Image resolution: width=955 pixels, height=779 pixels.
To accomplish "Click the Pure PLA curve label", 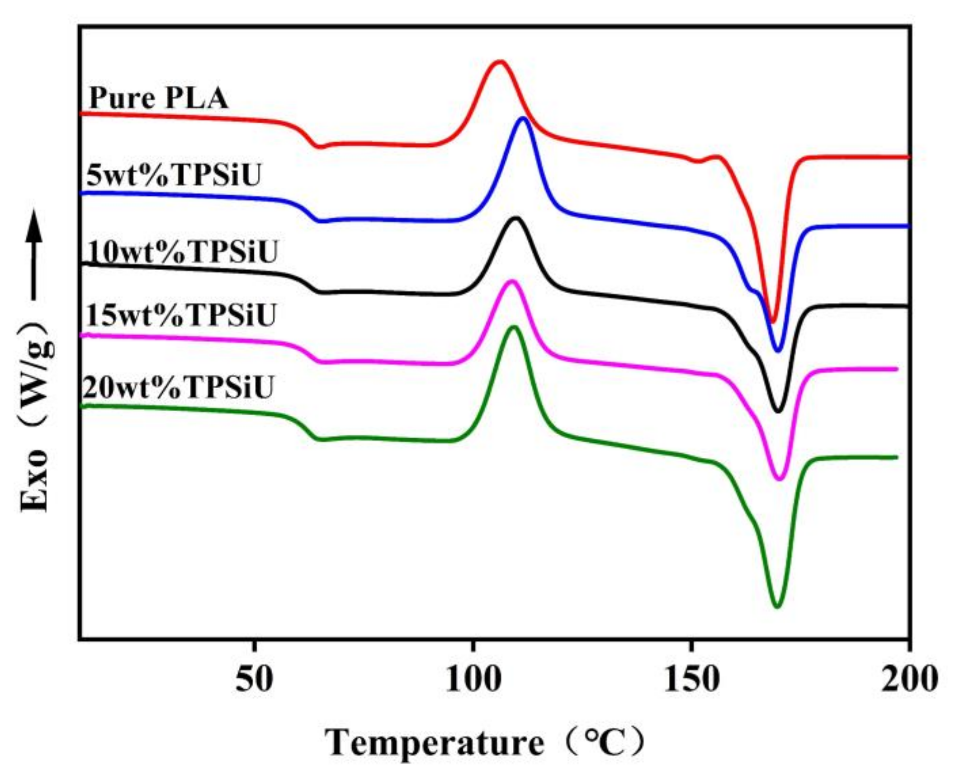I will click(158, 98).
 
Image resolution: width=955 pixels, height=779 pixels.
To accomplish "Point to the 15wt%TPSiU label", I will click(181, 314).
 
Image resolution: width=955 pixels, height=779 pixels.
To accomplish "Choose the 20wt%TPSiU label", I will click(179, 387).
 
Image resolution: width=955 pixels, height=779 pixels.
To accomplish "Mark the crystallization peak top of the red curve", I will click(499, 61).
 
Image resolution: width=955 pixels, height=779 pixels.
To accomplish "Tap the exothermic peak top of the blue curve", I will click(524, 118).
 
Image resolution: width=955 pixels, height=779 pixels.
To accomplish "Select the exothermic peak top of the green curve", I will click(513, 327).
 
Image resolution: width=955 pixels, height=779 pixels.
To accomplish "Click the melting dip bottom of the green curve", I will click(777, 606).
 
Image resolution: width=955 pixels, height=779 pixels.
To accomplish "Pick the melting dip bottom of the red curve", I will click(773, 322).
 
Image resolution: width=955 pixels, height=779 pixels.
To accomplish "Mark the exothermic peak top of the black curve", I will click(515, 218).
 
